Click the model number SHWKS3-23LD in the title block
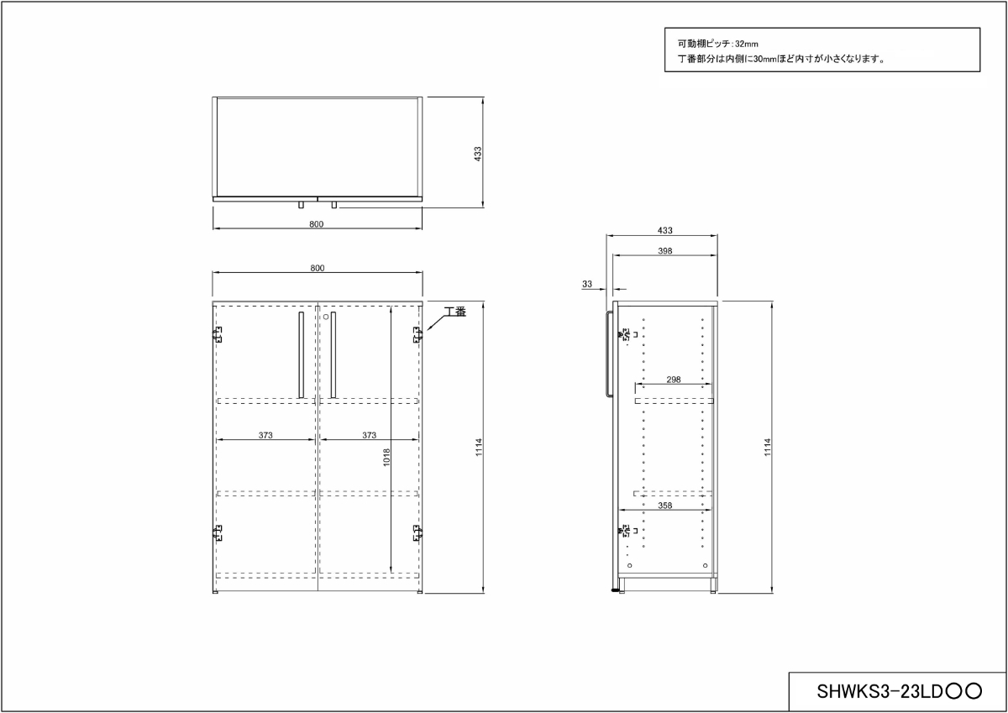point(879,691)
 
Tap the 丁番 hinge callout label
point(455,312)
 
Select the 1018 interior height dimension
point(386,457)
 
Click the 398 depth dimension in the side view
point(664,250)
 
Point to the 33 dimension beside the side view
point(587,284)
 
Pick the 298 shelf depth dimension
point(673,380)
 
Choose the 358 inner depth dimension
point(664,506)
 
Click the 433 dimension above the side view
point(664,230)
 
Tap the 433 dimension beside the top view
point(477,154)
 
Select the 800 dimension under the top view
point(317,224)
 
